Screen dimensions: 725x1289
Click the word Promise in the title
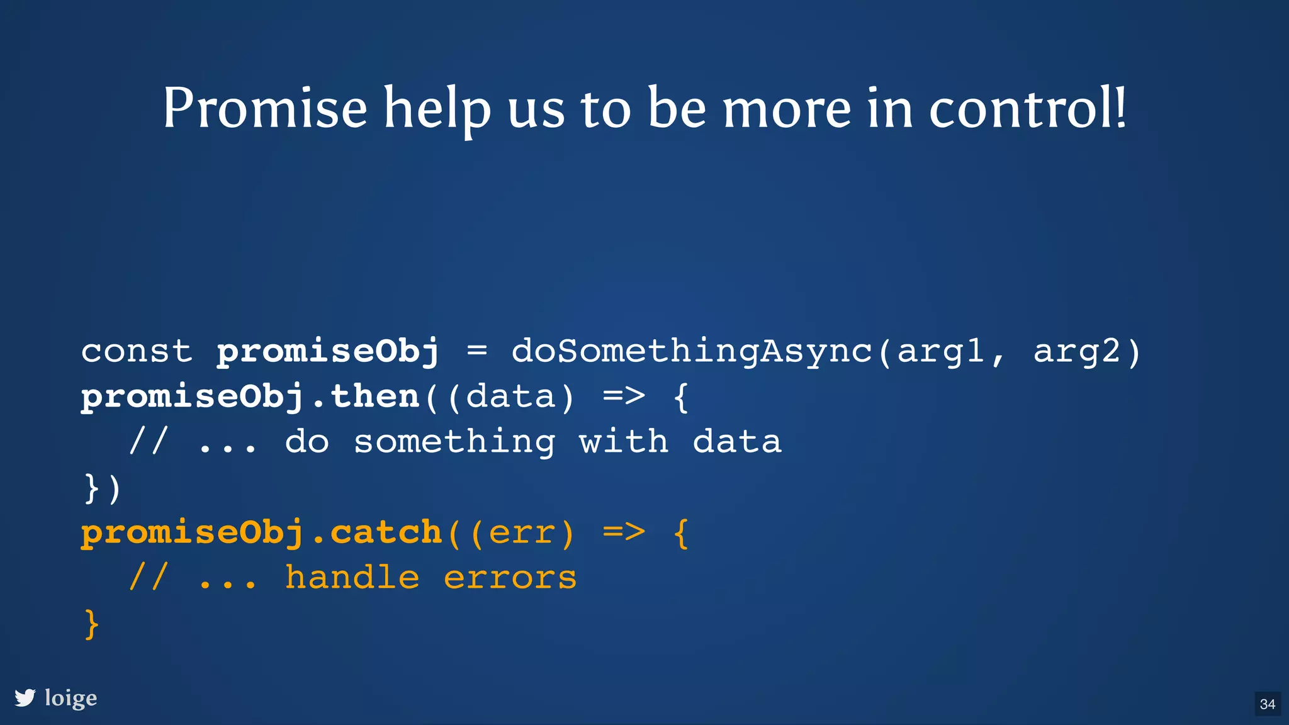click(265, 108)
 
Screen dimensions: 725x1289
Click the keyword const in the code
click(137, 351)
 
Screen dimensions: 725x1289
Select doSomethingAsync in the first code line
click(692, 351)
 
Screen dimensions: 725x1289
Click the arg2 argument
click(1077, 351)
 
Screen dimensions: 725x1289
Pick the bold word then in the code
click(375, 396)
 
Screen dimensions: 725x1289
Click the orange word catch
click(386, 532)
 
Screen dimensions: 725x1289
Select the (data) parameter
click(511, 397)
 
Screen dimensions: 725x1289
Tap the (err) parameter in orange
click(522, 533)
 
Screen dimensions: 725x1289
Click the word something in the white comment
click(454, 442)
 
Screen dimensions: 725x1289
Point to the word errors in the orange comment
click(510, 578)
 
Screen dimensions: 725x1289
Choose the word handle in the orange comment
click(352, 578)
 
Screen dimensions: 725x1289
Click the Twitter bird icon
click(25, 698)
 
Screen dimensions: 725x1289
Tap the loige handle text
click(71, 698)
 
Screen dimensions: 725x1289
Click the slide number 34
click(1268, 704)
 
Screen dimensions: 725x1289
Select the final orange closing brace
click(92, 624)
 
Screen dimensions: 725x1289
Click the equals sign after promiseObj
click(477, 351)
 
